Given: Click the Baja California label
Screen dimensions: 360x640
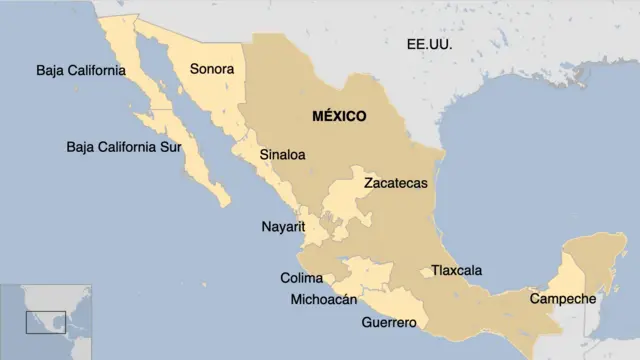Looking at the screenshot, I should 80,70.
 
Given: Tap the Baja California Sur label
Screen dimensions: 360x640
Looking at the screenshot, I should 126,147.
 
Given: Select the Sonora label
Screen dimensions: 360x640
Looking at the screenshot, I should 211,70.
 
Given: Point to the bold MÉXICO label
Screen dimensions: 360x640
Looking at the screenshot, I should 339,116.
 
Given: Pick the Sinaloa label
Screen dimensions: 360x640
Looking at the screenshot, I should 282,155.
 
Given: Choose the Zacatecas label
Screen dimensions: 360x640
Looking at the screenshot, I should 395,183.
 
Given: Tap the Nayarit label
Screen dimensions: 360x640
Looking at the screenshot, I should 282,227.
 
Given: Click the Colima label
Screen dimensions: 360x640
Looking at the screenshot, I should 301,277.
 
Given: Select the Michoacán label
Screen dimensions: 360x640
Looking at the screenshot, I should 323,299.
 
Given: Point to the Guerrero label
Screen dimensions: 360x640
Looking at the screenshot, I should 389,322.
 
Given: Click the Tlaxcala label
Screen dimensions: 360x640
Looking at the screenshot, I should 456,270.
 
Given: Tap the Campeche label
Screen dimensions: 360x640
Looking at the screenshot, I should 562,299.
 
